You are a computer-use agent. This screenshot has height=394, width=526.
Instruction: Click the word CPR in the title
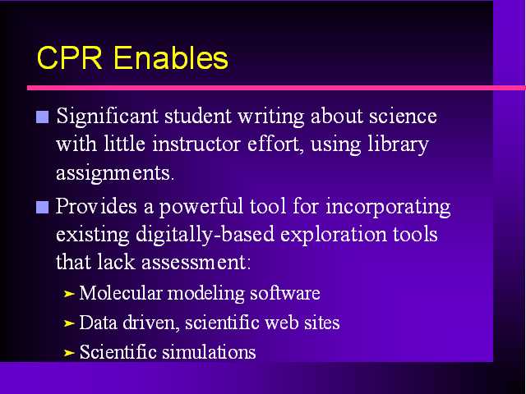coord(69,57)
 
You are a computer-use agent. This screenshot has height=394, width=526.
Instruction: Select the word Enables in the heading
coord(171,57)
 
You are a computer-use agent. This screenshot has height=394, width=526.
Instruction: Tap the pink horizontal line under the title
coord(276,88)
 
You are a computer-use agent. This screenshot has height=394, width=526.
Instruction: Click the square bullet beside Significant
coord(42,117)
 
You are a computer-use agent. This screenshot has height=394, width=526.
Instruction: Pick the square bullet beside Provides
coord(42,207)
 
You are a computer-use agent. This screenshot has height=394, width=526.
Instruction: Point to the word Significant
coord(107,117)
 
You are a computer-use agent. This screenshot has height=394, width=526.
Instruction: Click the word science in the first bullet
coord(403,116)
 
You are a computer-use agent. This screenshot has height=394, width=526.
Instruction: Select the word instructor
coord(196,144)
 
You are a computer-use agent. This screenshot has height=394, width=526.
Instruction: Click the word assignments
coord(115,173)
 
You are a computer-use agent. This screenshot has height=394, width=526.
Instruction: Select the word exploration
coord(334,236)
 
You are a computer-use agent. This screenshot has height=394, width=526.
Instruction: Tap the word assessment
coord(196,263)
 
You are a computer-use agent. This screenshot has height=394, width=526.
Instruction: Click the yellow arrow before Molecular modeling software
coord(69,294)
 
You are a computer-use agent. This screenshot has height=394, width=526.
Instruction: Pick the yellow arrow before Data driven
coord(69,323)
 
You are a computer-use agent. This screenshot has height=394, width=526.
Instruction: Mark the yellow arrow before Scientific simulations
coord(69,353)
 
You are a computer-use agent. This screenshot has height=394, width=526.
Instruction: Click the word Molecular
coord(121,293)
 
